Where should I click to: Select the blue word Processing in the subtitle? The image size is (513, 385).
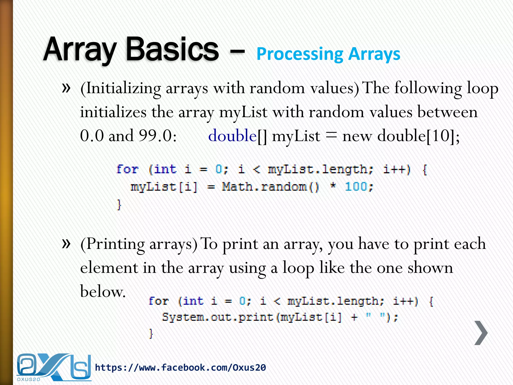pyautogui.click(x=300, y=54)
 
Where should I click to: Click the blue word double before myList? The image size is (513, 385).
pyautogui.click(x=232, y=136)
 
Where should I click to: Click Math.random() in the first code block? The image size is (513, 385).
pyautogui.click(x=270, y=187)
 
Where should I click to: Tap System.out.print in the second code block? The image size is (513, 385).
pyautogui.click(x=217, y=317)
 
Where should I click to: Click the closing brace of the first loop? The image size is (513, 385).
pyautogui.click(x=119, y=205)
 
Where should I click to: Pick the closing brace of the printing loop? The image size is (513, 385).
pyautogui.click(x=151, y=334)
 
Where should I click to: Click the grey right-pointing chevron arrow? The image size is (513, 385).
pyautogui.click(x=481, y=333)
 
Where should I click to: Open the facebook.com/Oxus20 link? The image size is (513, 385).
pyautogui.click(x=180, y=368)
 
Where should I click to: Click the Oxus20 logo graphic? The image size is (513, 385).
pyautogui.click(x=53, y=367)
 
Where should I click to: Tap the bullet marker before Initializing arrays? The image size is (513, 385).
pyautogui.click(x=66, y=88)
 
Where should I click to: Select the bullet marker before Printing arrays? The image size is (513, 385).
pyautogui.click(x=66, y=243)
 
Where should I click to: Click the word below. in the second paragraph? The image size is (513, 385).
pyautogui.click(x=102, y=292)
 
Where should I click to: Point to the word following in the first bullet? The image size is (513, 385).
pyautogui.click(x=428, y=88)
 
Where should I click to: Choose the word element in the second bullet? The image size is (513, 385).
pyautogui.click(x=109, y=268)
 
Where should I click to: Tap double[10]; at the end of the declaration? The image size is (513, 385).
pyautogui.click(x=418, y=136)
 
